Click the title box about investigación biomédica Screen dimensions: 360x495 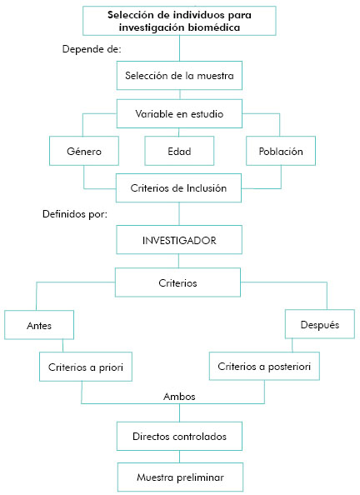point(179,21)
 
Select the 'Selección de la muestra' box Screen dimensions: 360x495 point(179,76)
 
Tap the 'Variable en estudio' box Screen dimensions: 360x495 point(179,113)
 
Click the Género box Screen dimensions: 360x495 point(84,151)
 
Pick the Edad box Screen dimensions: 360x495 point(179,151)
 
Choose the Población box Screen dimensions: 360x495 point(281,151)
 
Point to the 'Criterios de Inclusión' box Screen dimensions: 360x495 point(178,187)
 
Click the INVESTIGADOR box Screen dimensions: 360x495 point(179,240)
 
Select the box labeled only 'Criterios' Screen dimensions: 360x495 point(177,282)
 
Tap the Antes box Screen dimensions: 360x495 point(39,325)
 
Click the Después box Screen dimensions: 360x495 point(320,324)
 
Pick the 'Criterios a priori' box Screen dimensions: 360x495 point(86,367)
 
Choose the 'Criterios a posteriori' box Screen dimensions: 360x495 point(264,366)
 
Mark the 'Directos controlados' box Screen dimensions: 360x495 point(179,437)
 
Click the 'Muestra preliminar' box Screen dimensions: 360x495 point(180,477)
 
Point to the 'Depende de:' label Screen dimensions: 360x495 point(92,49)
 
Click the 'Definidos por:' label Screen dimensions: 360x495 point(75,214)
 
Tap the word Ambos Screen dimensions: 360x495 point(179,397)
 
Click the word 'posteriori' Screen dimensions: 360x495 point(289,367)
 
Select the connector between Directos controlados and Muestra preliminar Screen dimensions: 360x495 point(180,457)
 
